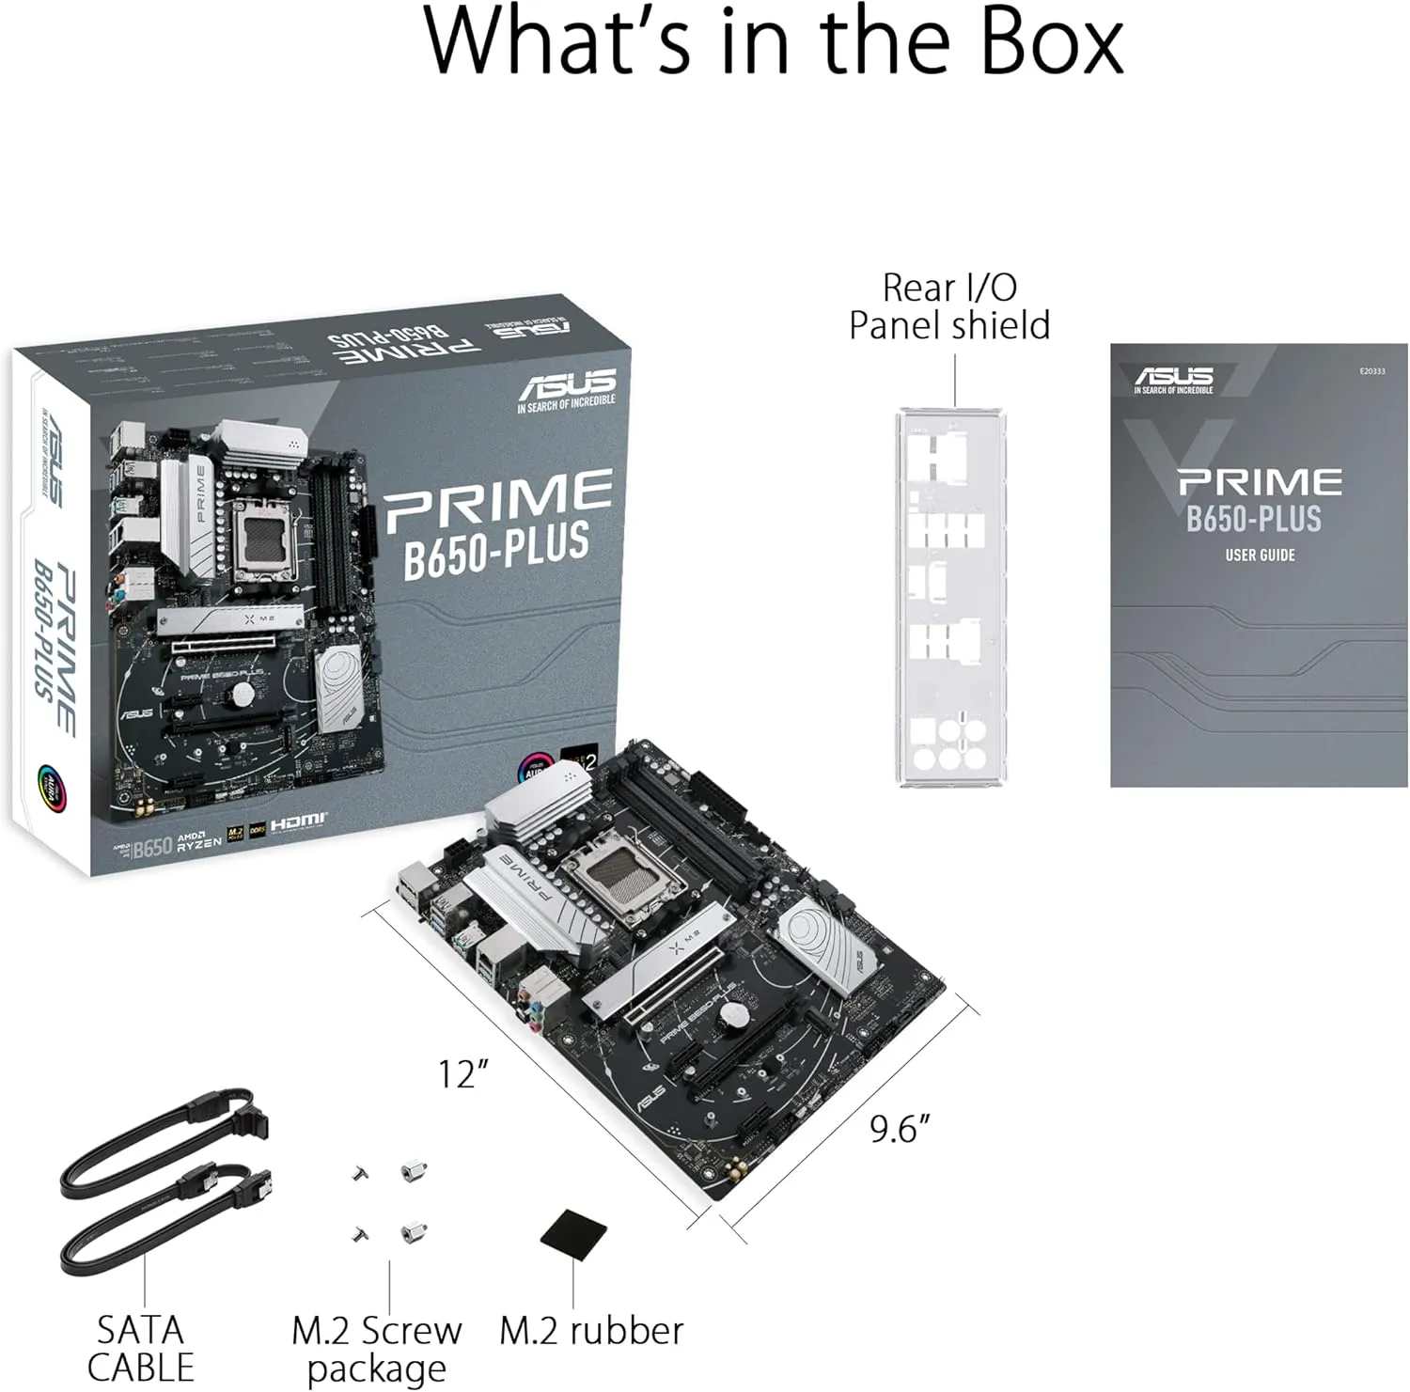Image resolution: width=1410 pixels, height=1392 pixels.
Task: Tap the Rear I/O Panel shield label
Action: (x=949, y=306)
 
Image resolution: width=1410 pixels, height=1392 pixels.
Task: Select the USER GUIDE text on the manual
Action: (x=1260, y=555)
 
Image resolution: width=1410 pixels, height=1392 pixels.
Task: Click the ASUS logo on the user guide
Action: (x=1173, y=379)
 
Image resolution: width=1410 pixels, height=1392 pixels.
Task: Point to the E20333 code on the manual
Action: (x=1371, y=371)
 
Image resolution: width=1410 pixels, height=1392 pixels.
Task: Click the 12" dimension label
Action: (x=464, y=1073)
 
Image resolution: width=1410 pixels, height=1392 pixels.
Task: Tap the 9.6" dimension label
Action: (x=900, y=1128)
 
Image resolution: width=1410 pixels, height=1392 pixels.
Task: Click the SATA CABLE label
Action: (x=140, y=1349)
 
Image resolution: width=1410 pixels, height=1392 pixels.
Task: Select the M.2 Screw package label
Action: (x=376, y=1350)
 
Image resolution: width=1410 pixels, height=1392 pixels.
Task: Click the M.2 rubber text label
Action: (x=591, y=1331)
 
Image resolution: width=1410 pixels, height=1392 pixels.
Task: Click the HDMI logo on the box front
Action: (x=298, y=822)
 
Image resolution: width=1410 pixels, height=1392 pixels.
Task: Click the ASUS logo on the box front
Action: (x=566, y=384)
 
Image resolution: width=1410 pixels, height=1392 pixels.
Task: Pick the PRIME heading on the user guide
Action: (x=1260, y=482)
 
